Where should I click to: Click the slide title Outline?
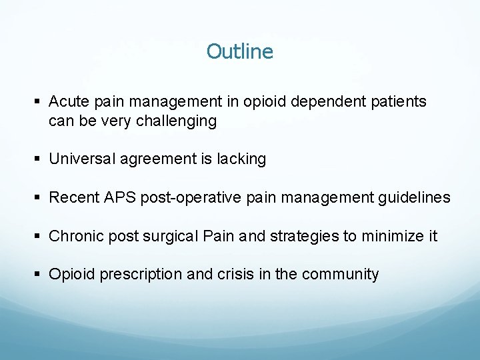(239, 51)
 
